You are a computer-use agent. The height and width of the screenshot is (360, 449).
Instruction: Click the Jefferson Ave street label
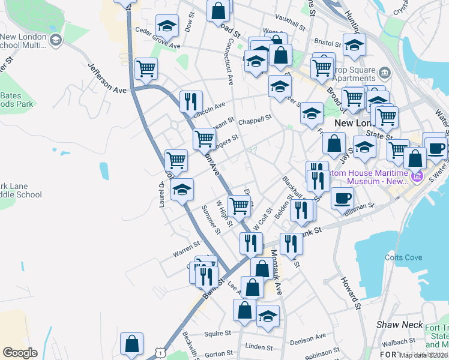108,79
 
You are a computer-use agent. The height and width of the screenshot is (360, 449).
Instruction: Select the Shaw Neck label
396,325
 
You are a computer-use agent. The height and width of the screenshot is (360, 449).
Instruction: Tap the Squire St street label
217,334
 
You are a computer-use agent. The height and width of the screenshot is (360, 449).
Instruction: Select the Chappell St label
255,121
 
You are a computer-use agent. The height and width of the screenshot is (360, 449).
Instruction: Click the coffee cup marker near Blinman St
342,197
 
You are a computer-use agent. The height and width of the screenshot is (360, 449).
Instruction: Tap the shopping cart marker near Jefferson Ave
146,68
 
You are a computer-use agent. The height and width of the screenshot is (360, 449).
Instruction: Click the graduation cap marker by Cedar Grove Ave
167,26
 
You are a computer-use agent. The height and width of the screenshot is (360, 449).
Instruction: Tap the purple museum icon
418,176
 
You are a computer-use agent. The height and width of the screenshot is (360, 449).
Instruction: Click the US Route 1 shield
160,353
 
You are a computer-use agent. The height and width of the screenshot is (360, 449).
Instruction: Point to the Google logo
20,353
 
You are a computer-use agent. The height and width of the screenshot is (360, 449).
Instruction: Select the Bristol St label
327,43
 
